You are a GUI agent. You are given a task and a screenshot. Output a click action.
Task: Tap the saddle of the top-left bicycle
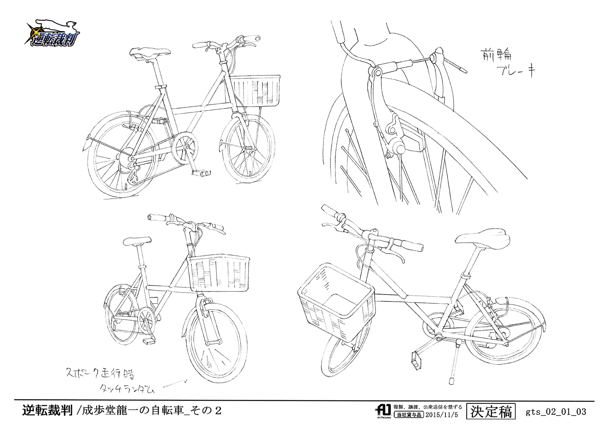click(150, 53)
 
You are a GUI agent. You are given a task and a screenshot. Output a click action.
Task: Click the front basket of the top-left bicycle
click(255, 91)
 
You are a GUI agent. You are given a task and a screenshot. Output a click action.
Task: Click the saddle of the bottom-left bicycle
click(137, 241)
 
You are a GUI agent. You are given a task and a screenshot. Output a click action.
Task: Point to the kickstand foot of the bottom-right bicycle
click(452, 381)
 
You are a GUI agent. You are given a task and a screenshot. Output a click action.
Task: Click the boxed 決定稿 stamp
click(491, 412)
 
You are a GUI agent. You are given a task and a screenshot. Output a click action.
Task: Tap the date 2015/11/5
click(442, 415)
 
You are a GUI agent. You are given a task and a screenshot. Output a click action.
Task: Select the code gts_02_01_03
click(556, 412)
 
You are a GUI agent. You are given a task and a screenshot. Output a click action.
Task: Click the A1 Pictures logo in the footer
click(383, 411)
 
